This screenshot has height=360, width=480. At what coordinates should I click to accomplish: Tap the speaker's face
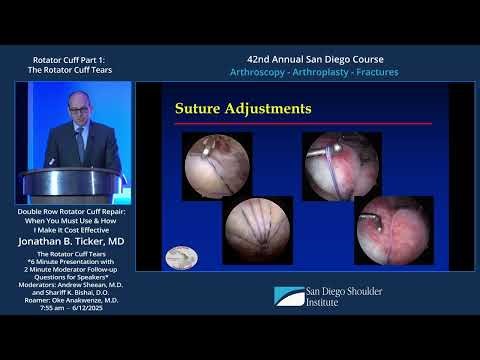click(x=79, y=113)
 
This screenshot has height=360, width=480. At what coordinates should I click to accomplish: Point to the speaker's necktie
click(x=80, y=142)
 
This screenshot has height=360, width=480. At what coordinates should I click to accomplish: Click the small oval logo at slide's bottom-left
click(x=181, y=257)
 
